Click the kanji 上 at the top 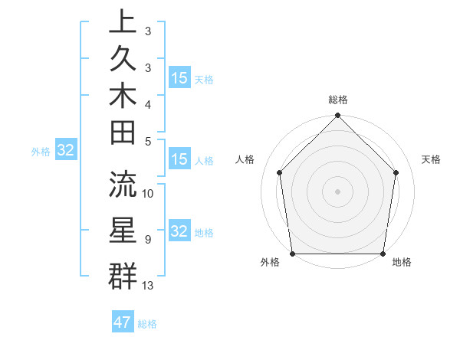click(x=123, y=22)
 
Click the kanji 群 click(x=123, y=275)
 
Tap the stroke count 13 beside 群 click(x=149, y=286)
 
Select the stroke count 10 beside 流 click(x=149, y=194)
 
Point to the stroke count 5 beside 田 click(x=147, y=141)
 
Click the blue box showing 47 click(x=123, y=322)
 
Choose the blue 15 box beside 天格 click(x=179, y=78)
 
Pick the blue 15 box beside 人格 click(x=179, y=159)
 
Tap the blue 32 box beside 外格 click(x=66, y=150)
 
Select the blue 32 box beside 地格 click(x=179, y=231)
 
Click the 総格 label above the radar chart click(x=338, y=100)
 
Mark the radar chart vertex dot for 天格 click(x=396, y=172)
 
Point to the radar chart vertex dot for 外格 click(x=292, y=254)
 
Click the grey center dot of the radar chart click(x=337, y=191)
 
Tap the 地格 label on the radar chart click(x=402, y=263)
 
